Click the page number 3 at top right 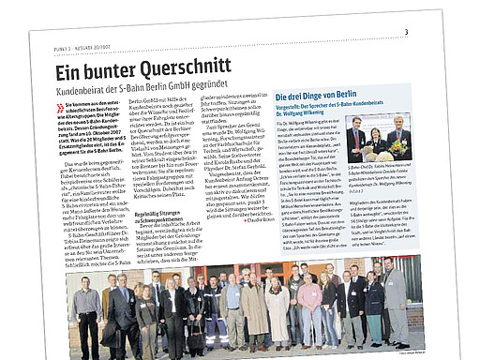[406, 34]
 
